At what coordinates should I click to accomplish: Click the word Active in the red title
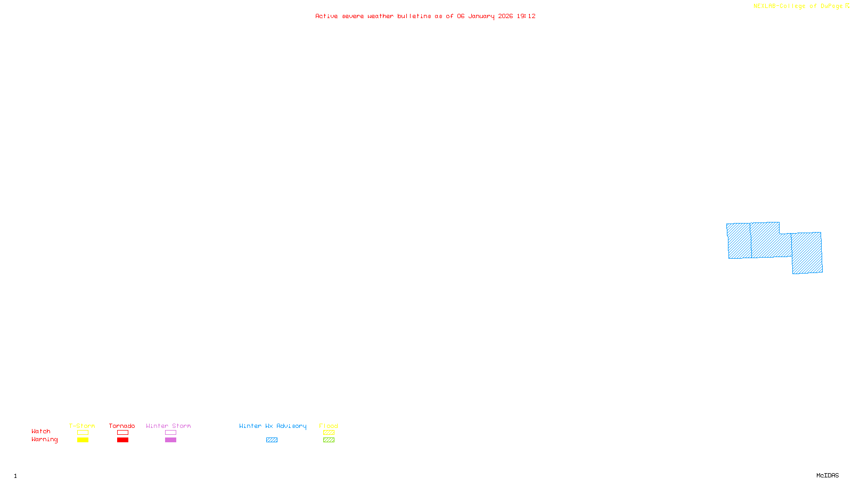326,16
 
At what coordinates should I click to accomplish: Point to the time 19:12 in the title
526,16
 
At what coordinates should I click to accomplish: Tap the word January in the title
481,16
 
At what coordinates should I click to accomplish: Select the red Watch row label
41,431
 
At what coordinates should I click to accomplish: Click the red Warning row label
44,440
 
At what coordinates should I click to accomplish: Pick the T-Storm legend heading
82,426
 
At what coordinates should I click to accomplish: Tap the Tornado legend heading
122,426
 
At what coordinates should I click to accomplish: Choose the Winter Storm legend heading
168,426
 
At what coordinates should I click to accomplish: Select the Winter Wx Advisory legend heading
273,426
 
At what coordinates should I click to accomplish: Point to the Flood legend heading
329,426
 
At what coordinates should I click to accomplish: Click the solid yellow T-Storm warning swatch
83,440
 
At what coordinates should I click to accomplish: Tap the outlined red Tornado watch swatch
122,433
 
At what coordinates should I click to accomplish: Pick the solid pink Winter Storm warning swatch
170,440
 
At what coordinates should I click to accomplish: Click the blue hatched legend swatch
272,440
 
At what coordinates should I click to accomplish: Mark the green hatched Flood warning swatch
329,440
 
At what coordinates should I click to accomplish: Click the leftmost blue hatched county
739,241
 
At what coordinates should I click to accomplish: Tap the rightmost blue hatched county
807,253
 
